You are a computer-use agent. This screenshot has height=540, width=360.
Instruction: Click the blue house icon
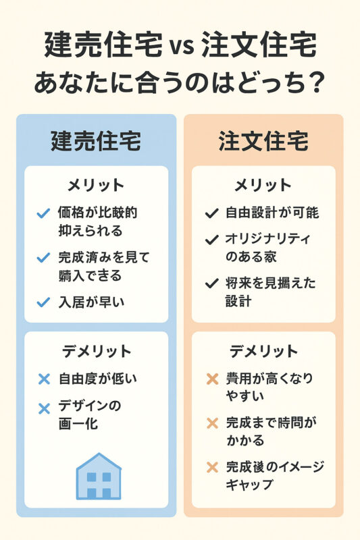[x=99, y=477]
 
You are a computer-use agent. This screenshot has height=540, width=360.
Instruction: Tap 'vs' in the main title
[x=182, y=46]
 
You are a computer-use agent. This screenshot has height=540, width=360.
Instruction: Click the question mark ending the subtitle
[x=315, y=82]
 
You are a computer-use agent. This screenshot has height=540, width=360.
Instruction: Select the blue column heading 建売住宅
[x=96, y=141]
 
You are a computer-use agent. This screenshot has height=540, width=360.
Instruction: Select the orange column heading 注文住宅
[x=263, y=141]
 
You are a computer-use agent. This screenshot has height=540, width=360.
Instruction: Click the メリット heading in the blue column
[x=96, y=185]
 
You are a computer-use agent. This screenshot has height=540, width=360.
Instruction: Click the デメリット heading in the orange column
[x=263, y=351]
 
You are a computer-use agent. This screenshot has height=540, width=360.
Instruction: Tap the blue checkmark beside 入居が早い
[x=43, y=302]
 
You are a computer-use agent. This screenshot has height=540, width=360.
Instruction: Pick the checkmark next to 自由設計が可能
[x=211, y=213]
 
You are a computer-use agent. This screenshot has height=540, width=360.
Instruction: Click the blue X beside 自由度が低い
[x=44, y=379]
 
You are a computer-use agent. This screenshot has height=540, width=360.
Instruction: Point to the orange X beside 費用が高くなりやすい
[x=212, y=379]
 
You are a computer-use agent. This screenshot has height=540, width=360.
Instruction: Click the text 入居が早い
[x=91, y=302]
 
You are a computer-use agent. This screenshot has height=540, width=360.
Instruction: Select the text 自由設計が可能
[x=272, y=213]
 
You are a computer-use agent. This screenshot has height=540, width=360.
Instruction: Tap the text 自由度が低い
[x=98, y=379]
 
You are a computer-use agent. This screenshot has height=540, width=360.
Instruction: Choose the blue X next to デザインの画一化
[x=44, y=409]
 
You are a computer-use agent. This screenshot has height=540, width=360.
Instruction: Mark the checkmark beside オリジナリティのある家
[x=211, y=240]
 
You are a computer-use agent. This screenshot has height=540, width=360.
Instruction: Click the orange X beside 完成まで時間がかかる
[x=212, y=423]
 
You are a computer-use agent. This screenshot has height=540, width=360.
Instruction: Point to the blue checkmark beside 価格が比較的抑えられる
[x=43, y=213]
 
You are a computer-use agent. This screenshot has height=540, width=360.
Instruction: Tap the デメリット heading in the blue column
[x=97, y=351]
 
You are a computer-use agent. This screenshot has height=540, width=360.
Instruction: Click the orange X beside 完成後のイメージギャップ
[x=212, y=467]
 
